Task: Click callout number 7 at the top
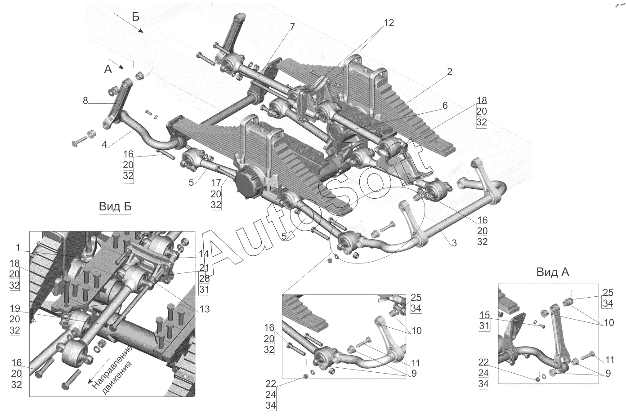coord(292,27)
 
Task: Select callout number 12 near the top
coord(389,22)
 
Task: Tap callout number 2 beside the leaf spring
coord(449,72)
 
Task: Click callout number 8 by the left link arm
coord(85,101)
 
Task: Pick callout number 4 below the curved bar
coord(104,145)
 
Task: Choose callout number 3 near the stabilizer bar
coord(454,243)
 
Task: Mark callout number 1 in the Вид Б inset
coord(18,248)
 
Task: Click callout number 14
coord(204,254)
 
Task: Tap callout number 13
coord(204,309)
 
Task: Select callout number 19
coord(15,308)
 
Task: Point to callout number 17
coord(216,183)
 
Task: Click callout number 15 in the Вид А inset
coord(485,315)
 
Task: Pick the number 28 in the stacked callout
coord(204,278)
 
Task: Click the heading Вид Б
coord(115,207)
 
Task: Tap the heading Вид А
coord(553,272)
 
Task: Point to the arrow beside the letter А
coord(117,64)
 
